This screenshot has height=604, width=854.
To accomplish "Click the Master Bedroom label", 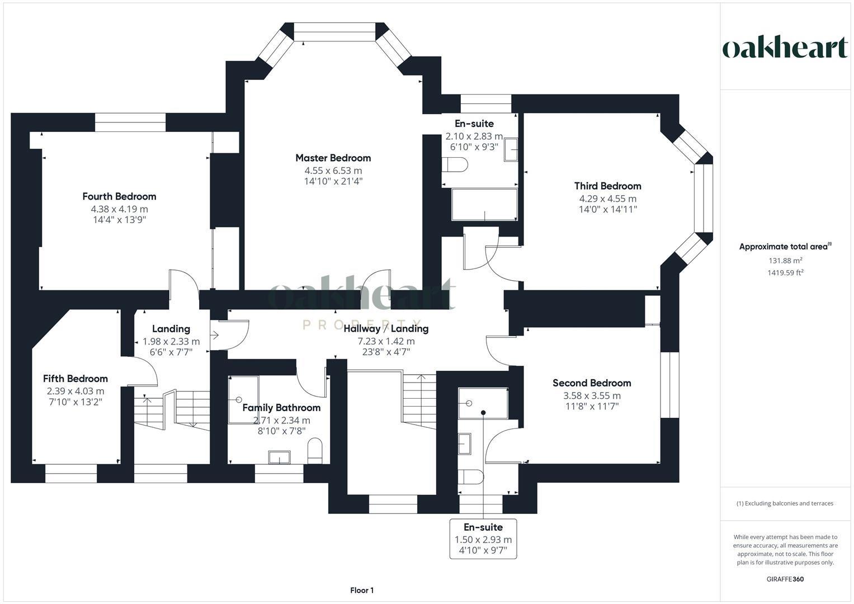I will click(333, 158).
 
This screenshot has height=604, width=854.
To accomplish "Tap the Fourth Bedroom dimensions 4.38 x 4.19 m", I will click(120, 209).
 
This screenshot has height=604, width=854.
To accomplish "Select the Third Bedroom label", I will click(607, 186).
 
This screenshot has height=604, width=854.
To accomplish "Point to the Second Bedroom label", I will click(592, 383).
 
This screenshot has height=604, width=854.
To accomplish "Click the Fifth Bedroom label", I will click(76, 379).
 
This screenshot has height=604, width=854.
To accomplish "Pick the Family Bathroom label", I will click(281, 408).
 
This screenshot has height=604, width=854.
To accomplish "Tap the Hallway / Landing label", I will click(386, 328).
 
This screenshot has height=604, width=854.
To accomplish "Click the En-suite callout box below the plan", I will click(483, 539).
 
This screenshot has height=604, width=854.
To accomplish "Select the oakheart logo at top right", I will click(785, 48).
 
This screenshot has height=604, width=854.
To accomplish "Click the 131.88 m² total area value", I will click(785, 261).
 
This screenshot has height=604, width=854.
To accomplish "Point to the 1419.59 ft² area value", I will click(785, 273).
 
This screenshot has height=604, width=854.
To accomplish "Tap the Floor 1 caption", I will click(362, 590).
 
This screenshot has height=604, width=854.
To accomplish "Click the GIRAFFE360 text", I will click(785, 579).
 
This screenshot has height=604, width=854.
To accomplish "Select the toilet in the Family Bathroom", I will click(315, 450).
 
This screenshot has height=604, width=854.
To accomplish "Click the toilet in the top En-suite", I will click(455, 165).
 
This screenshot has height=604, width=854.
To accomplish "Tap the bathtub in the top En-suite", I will click(484, 205).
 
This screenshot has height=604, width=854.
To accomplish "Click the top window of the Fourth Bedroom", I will click(130, 122).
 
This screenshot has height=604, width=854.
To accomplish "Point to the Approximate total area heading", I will click(785, 247).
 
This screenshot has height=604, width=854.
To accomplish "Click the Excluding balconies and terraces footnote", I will click(785, 503).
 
